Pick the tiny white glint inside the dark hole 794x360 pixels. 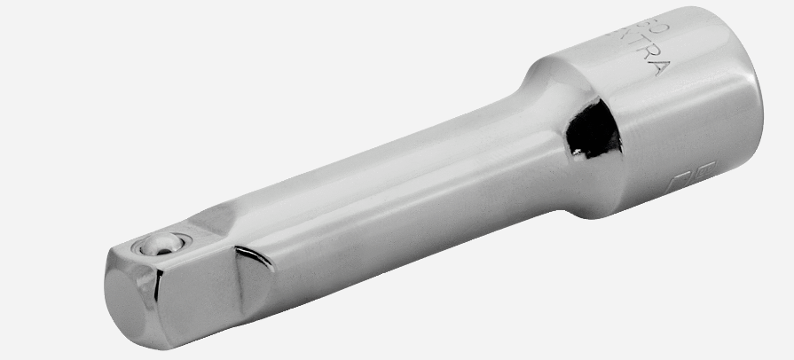pos(578,153)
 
